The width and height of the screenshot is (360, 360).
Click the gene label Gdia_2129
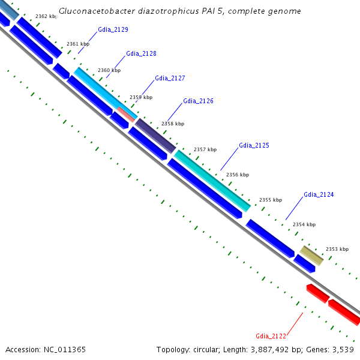(113, 29)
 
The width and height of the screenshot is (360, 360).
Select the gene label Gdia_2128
(141, 53)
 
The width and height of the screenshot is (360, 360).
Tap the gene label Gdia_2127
(170, 78)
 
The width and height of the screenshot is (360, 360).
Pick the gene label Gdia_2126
(198, 101)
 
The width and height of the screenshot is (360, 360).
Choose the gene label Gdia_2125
(254, 145)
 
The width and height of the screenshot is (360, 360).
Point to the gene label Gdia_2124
(319, 194)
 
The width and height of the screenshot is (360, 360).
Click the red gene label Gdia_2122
(271, 336)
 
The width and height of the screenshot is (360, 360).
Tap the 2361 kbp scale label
(77, 44)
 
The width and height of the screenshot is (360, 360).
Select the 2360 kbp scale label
(109, 70)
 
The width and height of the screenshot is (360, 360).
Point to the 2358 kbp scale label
(173, 124)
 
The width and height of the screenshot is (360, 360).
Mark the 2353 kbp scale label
(337, 248)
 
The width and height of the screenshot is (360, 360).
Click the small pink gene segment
(126, 113)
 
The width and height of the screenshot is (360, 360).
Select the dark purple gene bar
(155, 135)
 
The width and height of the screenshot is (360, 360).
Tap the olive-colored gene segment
(311, 254)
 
